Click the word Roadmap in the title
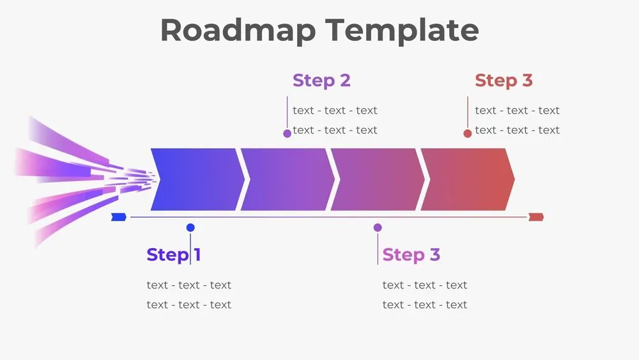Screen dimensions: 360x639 [x=237, y=30]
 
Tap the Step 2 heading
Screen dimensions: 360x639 [x=321, y=81]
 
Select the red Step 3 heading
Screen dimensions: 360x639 [x=504, y=81]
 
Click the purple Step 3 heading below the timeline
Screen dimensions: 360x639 [x=411, y=254]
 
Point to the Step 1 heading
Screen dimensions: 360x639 [x=173, y=254]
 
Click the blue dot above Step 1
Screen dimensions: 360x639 [x=190, y=228]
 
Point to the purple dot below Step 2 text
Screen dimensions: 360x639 [x=288, y=133]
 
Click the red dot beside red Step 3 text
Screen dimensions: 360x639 [x=468, y=133]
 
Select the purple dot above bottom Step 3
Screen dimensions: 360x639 [x=378, y=228]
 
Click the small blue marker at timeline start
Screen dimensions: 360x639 [x=118, y=217]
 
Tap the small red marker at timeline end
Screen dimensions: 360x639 [x=535, y=217]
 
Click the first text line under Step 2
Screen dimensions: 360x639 [x=335, y=111]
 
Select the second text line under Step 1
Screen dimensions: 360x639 [x=189, y=304]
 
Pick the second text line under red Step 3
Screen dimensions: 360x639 [x=517, y=130]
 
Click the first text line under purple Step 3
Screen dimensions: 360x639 [x=425, y=285]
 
